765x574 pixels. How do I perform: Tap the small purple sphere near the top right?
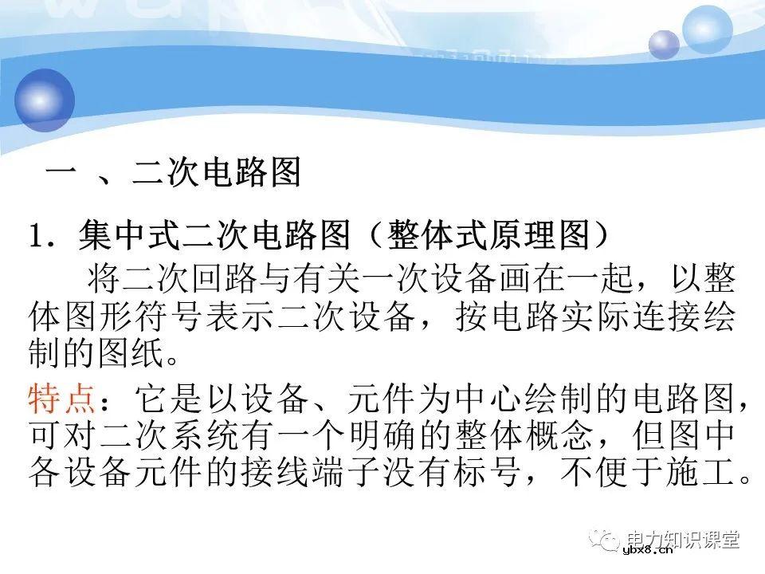[x=663, y=45]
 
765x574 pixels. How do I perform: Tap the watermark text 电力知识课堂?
[x=683, y=538]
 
